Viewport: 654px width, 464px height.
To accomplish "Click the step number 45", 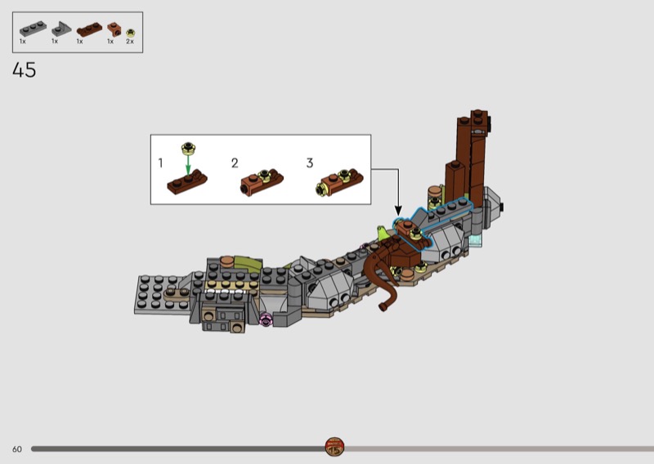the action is (25, 69).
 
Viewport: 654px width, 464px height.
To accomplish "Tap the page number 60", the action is (17, 449).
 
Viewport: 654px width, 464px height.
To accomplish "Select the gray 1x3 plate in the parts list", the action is (33, 29).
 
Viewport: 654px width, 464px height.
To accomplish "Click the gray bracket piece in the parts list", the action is (61, 29).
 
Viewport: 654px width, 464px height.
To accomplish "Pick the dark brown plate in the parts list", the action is (89, 29).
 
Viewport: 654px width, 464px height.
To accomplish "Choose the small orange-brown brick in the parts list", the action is (114, 29).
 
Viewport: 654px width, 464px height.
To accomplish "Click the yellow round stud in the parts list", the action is (131, 33).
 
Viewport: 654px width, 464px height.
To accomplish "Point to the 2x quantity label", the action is (130, 42).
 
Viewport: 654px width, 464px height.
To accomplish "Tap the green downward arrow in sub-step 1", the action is (188, 165).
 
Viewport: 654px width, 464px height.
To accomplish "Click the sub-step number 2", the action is (235, 163).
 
